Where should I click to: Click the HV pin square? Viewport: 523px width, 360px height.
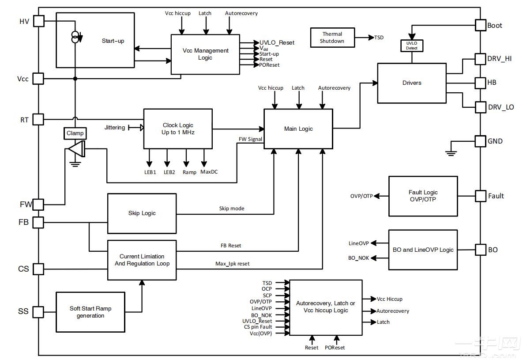pos(39,21)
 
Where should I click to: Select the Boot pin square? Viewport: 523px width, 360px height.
pos(480,25)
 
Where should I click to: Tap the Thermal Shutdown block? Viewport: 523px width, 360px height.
pos(332,38)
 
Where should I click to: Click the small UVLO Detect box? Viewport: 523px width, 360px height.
pos(412,45)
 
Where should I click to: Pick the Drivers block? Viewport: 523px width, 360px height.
pos(411,83)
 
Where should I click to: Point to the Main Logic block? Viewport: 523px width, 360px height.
pos(298,129)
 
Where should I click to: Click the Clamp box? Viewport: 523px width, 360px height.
pos(75,133)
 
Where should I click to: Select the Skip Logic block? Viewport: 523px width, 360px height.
pos(142,213)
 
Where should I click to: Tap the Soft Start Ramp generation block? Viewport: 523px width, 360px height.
pos(90,312)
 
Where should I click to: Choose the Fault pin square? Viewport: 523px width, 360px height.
pos(480,196)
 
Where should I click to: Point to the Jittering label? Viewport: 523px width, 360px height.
pos(115,128)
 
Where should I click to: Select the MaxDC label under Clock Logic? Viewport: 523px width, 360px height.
pos(209,172)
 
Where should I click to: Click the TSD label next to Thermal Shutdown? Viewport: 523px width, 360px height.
pos(379,38)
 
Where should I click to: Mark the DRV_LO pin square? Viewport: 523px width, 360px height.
pos(480,107)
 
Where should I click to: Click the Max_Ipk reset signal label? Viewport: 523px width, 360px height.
pos(232,264)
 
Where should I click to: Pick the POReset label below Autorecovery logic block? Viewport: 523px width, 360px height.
pos(335,348)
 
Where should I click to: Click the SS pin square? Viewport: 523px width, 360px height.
pos(39,311)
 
